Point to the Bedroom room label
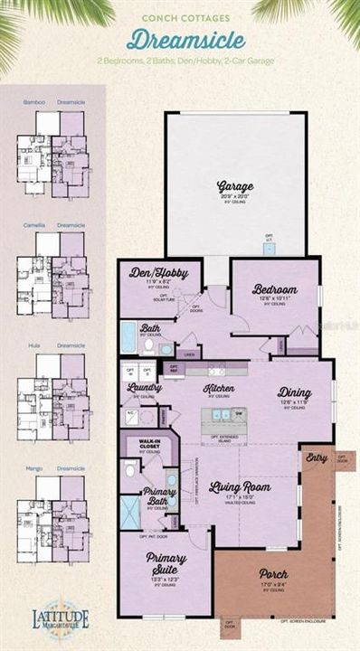click(274, 288)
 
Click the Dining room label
click(298, 392)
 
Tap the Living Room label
click(240, 486)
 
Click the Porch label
click(272, 572)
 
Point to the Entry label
click(317, 458)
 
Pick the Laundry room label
click(145, 388)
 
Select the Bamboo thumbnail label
click(33, 102)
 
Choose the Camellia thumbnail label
click(33, 224)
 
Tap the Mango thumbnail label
click(33, 468)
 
